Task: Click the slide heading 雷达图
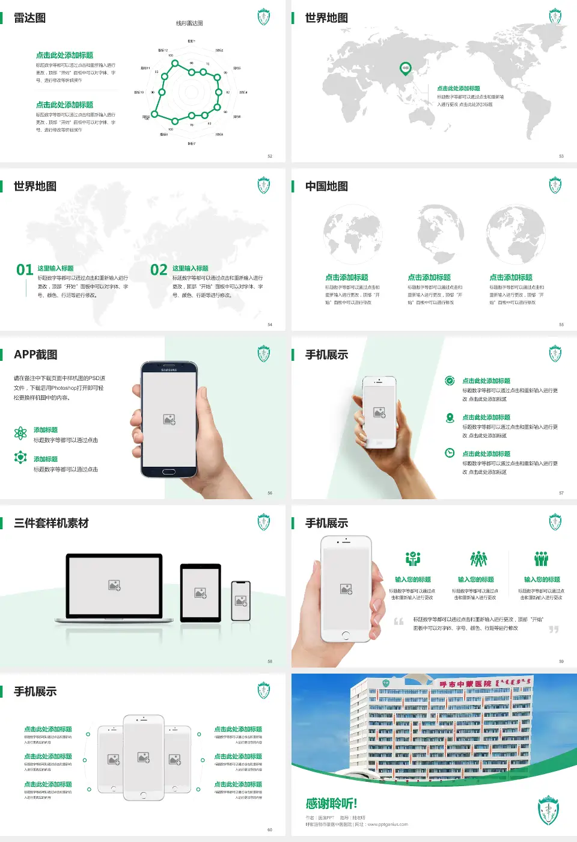(x=29, y=18)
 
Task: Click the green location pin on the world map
(x=406, y=68)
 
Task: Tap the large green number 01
(x=25, y=270)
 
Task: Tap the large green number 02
(x=159, y=270)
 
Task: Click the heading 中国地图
(x=326, y=186)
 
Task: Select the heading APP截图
(x=35, y=355)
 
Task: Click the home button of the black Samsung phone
(x=169, y=472)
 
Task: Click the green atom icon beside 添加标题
(x=20, y=433)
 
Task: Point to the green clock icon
(x=450, y=453)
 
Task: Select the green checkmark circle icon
(x=450, y=380)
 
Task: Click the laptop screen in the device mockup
(x=114, y=585)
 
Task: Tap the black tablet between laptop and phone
(x=201, y=593)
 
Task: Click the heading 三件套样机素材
(x=51, y=523)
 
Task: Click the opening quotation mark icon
(x=398, y=621)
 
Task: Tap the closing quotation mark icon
(x=554, y=629)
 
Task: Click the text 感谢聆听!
(x=331, y=804)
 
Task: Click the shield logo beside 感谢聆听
(x=548, y=810)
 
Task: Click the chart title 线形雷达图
(x=189, y=23)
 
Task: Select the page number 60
(x=270, y=830)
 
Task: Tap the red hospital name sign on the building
(x=465, y=684)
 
